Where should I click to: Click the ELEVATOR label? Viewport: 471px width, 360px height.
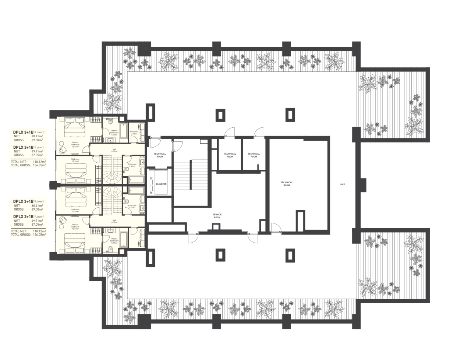point(161,184)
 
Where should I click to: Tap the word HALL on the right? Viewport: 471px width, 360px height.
point(343,184)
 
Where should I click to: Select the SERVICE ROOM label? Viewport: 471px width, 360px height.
point(217,216)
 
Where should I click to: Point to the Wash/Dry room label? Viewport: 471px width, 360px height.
point(134,133)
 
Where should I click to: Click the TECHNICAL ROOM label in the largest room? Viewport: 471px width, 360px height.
point(287,184)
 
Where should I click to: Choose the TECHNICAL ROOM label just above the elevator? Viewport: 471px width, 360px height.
point(160,155)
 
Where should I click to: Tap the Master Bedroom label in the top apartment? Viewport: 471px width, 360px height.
point(75,144)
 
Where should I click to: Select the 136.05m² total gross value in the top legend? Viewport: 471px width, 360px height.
point(39,165)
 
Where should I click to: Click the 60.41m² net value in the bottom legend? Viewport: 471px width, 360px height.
point(37,205)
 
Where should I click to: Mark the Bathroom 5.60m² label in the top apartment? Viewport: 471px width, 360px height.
point(132,165)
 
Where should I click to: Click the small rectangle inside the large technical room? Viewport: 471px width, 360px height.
point(300,220)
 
